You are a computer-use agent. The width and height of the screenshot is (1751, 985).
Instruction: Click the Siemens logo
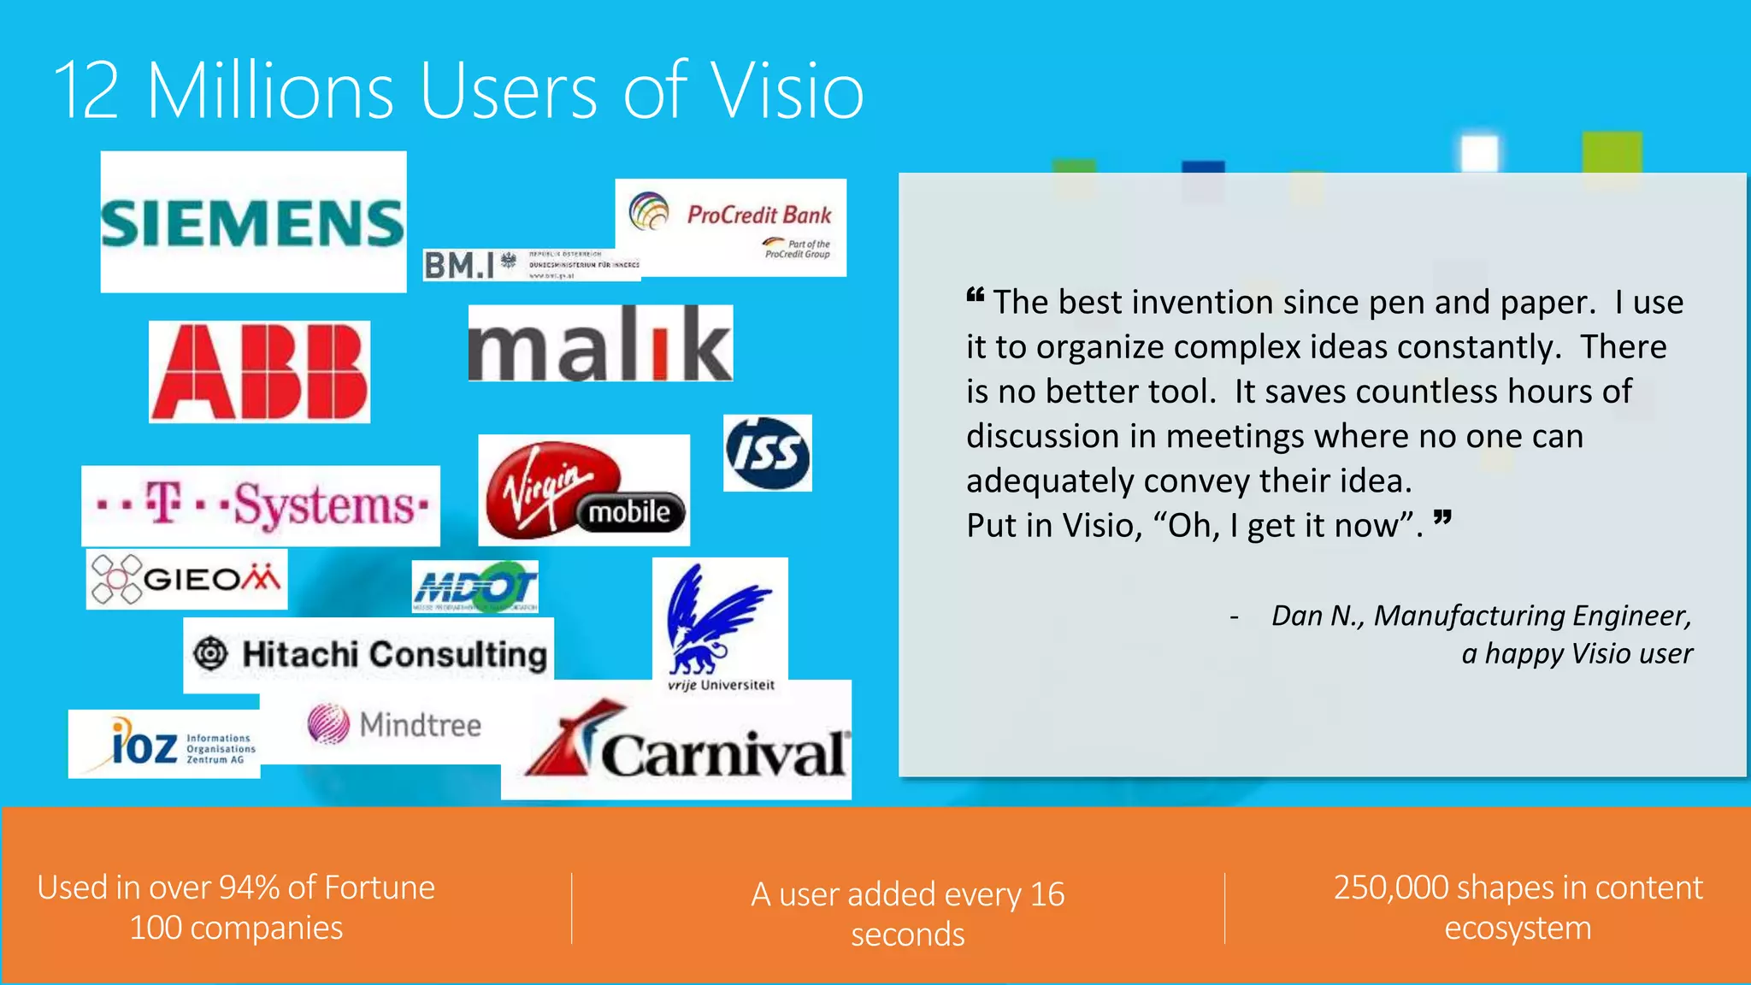pos(253,222)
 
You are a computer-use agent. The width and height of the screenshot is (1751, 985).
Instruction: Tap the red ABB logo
pos(259,372)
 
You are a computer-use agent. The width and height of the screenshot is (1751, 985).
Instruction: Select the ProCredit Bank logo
pos(732,227)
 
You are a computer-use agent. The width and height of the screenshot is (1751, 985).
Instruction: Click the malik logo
pos(600,343)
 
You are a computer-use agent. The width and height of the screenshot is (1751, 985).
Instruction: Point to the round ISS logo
pos(767,453)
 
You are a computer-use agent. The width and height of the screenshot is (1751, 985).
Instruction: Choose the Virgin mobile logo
pos(584,490)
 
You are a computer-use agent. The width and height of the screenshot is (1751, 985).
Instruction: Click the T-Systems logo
pos(261,505)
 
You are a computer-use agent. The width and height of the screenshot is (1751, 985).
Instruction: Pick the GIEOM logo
pos(186,579)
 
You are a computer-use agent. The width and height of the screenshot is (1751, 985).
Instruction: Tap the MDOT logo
pos(475,587)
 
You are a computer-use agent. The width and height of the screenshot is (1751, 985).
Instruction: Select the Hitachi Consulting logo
pos(368,654)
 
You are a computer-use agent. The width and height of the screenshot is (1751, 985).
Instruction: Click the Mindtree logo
pos(394,724)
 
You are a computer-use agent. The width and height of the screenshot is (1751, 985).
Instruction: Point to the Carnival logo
pos(684,744)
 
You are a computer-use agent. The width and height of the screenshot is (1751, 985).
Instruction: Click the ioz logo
pos(164,744)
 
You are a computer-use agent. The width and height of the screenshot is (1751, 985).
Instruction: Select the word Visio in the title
pos(787,91)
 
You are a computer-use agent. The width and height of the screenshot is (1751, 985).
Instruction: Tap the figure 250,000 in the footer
pos(1390,888)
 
